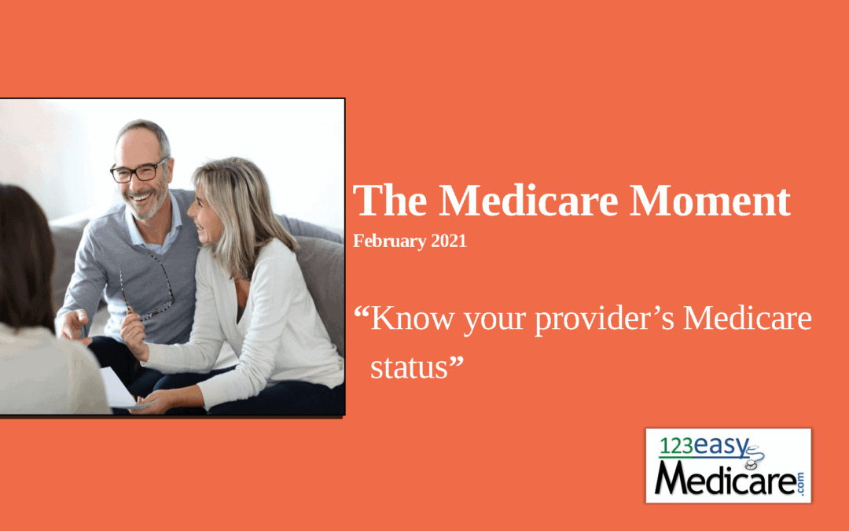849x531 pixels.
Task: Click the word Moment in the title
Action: [x=710, y=201]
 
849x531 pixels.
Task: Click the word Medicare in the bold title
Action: [x=528, y=201]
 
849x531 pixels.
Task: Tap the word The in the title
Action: [x=390, y=201]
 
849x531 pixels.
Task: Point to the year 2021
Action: [x=449, y=241]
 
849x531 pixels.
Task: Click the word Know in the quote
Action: [x=413, y=318]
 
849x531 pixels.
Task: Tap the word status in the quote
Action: [x=409, y=368]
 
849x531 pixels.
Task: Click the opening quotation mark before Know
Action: [x=361, y=312]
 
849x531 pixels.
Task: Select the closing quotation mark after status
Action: [x=457, y=361]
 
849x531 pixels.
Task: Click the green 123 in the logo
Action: [x=676, y=446]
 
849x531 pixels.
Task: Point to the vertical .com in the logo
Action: [x=800, y=483]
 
